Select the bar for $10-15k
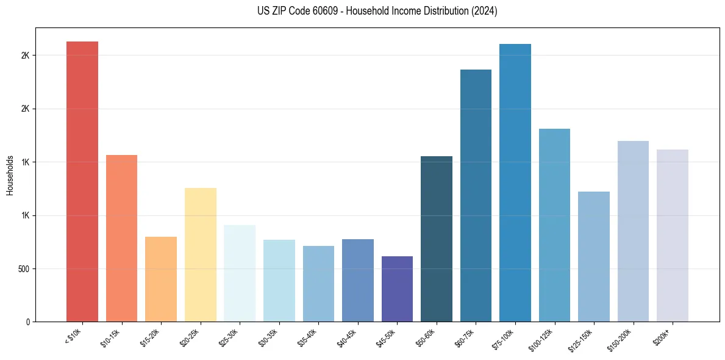pos(121,238)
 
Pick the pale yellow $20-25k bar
pos(201,254)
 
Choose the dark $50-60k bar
pos(437,239)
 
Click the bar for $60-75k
pos(476,195)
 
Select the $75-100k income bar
pos(515,182)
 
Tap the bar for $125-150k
pos(594,256)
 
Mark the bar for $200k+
pos(673,236)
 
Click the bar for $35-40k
pos(318,284)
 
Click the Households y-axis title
pos(10,175)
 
